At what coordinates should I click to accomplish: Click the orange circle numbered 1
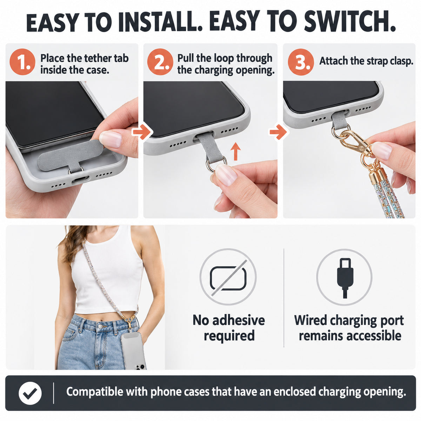tap(22, 62)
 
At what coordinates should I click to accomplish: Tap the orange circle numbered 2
tap(160, 62)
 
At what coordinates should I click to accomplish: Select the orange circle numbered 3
tap(301, 62)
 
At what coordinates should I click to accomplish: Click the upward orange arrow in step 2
tap(236, 151)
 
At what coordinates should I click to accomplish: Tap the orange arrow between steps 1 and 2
tap(142, 132)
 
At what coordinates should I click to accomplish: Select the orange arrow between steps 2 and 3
tap(278, 132)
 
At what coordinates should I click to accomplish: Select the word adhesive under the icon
tap(239, 321)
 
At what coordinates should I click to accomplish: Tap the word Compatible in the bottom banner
tap(95, 392)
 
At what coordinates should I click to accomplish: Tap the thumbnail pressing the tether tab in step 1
tap(110, 139)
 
